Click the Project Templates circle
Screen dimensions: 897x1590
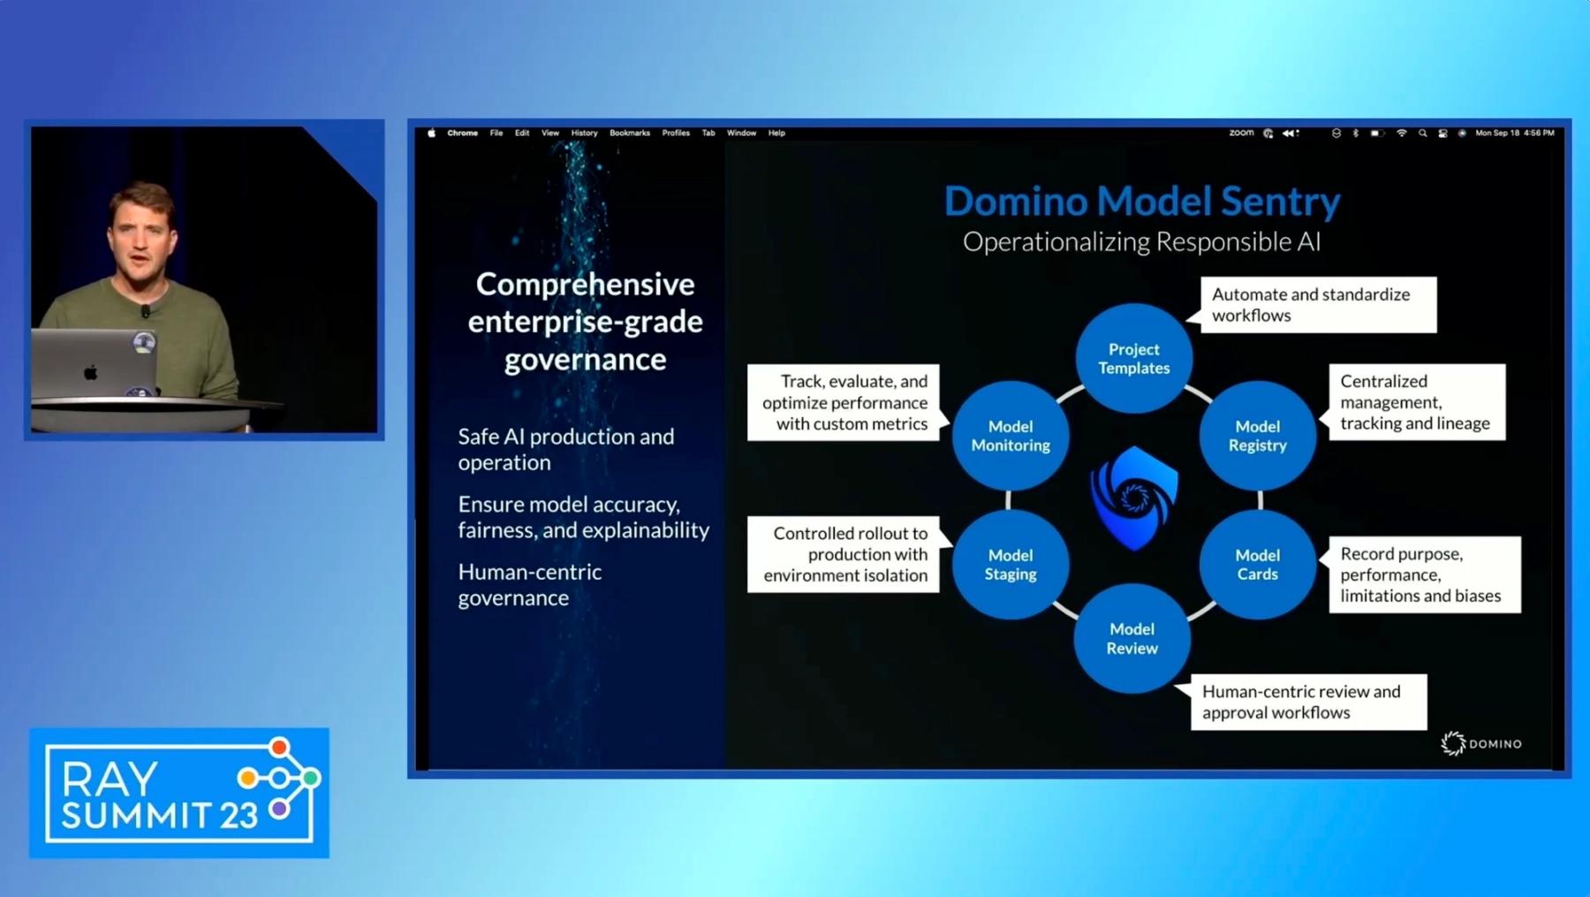(x=1133, y=359)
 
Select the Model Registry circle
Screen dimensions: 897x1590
(x=1257, y=436)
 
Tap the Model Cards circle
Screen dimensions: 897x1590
(x=1257, y=565)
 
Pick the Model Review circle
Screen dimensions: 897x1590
(x=1132, y=638)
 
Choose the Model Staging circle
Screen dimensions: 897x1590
(x=1011, y=565)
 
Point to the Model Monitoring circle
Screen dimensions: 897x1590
(x=1011, y=436)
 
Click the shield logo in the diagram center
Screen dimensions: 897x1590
(x=1134, y=498)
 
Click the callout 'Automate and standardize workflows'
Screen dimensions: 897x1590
(x=1318, y=305)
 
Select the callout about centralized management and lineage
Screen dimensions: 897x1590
(x=1416, y=402)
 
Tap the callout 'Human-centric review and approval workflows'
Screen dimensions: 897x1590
(x=1308, y=703)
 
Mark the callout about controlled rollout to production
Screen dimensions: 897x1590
(x=844, y=554)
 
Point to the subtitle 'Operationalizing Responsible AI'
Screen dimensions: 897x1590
(x=1141, y=242)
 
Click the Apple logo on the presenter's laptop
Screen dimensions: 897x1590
(x=90, y=372)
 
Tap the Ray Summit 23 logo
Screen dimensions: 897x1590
(x=179, y=793)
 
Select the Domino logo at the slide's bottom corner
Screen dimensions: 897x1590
(x=1481, y=744)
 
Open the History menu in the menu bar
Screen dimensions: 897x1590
(x=584, y=133)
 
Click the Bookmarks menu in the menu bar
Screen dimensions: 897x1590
(x=629, y=133)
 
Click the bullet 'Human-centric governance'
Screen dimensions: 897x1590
(x=530, y=585)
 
